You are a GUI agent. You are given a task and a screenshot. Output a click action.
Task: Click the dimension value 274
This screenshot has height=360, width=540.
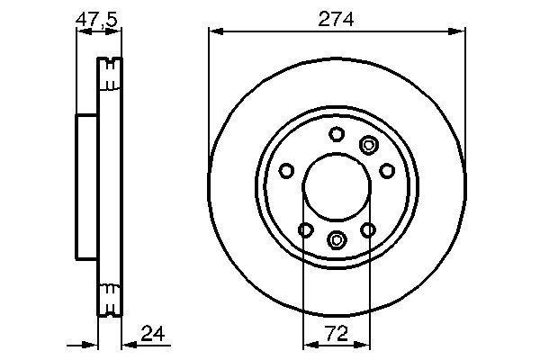336,19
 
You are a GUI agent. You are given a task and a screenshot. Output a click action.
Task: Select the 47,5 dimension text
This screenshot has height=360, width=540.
97,20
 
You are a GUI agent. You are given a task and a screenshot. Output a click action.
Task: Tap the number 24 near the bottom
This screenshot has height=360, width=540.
153,333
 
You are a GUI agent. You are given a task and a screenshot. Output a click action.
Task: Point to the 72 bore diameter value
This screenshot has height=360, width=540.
337,333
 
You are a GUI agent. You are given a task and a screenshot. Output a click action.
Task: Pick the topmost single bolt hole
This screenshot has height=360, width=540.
337,134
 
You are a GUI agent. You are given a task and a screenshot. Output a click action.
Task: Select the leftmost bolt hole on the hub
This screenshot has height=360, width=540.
286,170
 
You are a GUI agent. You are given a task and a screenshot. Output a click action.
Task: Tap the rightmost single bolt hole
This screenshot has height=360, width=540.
387,170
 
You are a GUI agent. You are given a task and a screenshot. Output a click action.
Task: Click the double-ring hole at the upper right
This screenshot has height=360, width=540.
368,145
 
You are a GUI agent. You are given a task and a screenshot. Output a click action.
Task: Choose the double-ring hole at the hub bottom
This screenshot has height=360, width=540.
337,239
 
